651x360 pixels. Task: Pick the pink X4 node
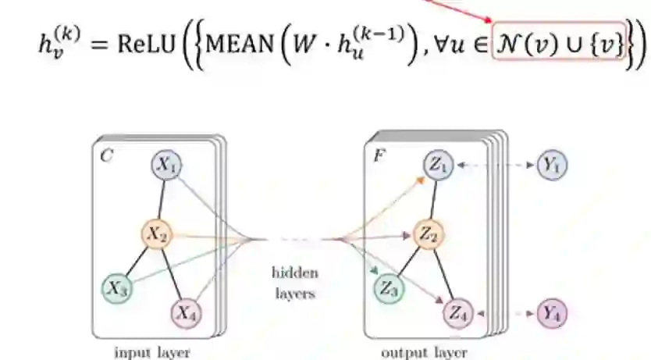(185, 314)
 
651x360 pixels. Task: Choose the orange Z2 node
(427, 233)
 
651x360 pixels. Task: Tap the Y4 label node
(552, 315)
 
